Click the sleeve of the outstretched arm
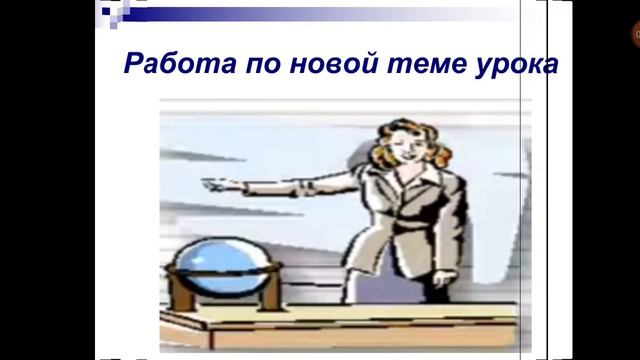(300, 185)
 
